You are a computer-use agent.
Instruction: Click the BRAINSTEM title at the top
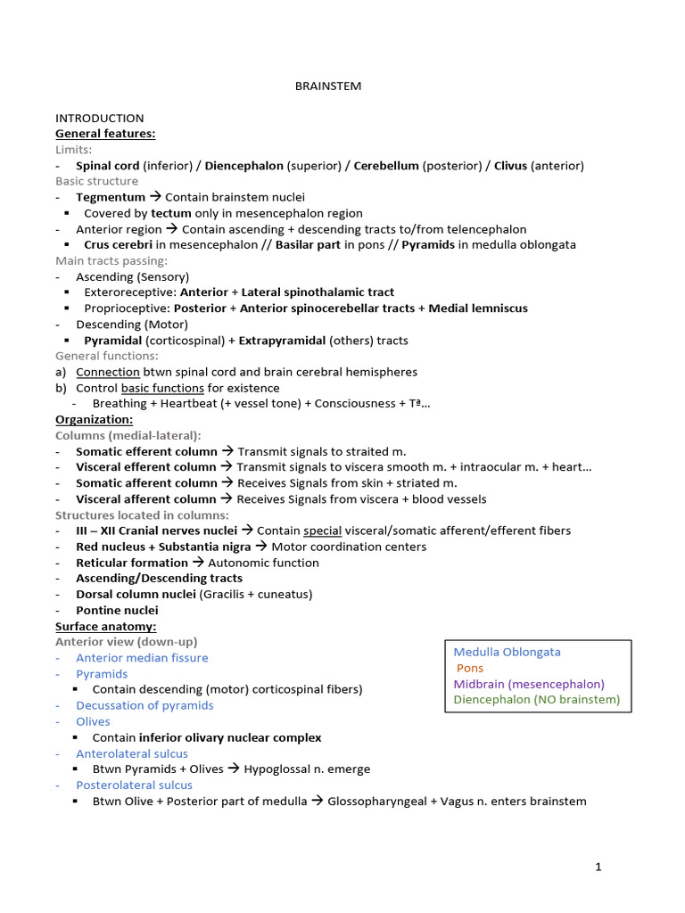[328, 86]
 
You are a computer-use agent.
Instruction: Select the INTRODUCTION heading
[99, 118]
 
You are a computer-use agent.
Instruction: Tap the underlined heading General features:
[105, 134]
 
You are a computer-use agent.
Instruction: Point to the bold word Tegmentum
[111, 197]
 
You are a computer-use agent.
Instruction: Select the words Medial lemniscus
[478, 308]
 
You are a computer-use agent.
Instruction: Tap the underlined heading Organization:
[95, 419]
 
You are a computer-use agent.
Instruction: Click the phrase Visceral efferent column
[146, 466]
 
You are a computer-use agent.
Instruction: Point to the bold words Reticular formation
[132, 563]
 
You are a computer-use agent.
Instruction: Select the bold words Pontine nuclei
[117, 610]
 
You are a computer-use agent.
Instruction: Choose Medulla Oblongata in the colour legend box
[508, 652]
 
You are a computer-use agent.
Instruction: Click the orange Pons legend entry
[469, 668]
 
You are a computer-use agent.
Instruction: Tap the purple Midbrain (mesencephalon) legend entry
[529, 684]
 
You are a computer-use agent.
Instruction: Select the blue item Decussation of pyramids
[144, 705]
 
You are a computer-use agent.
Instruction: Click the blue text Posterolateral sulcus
[134, 785]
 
